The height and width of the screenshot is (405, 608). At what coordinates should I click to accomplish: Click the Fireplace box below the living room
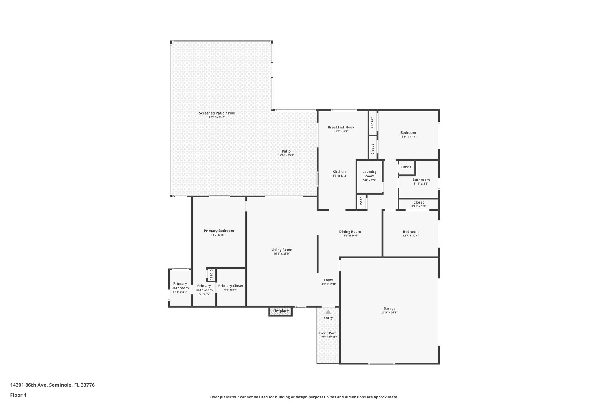click(281, 311)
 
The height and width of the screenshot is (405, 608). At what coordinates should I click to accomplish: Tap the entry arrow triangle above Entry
click(328, 312)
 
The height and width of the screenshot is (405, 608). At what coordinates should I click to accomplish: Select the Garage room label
click(389, 308)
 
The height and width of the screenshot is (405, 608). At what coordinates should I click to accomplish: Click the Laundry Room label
click(369, 174)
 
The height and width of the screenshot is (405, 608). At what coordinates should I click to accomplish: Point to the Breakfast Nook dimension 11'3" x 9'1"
click(341, 131)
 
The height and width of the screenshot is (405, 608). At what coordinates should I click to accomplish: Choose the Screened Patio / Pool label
click(217, 113)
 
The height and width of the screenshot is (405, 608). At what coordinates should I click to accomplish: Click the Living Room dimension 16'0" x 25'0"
click(281, 254)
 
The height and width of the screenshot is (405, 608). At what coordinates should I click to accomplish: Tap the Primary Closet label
click(231, 286)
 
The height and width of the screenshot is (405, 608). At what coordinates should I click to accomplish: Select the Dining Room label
click(350, 232)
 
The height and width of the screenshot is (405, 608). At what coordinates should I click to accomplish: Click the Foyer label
click(328, 280)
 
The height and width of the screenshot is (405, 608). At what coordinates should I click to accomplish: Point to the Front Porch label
click(328, 333)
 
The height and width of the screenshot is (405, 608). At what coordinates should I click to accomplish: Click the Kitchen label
click(339, 172)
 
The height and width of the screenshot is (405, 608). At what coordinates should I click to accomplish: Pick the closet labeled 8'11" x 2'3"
click(418, 204)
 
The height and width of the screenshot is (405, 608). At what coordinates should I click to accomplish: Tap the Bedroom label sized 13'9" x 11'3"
click(408, 133)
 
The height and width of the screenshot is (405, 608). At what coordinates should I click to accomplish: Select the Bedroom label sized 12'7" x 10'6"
click(411, 232)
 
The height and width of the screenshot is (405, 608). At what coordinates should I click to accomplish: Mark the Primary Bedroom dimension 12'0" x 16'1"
click(219, 235)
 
